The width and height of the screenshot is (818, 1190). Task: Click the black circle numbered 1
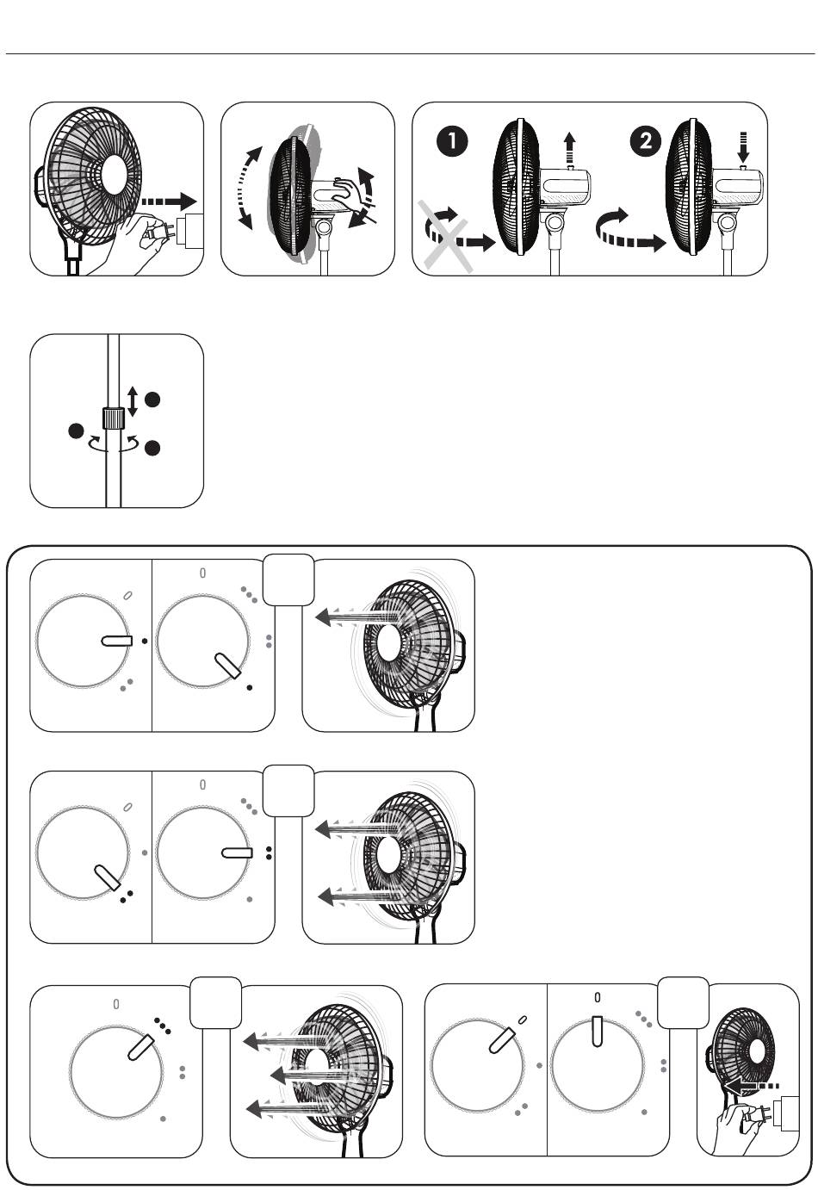pos(452,140)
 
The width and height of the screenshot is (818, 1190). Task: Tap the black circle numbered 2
pos(646,140)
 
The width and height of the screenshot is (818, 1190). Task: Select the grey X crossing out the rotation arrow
pos(445,237)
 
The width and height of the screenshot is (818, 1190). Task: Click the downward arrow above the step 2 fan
pos(744,147)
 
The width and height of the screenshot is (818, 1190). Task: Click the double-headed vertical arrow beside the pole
pos(133,401)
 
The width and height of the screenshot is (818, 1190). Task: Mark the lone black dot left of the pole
pos(76,431)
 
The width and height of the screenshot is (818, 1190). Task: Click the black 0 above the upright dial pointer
pos(597,997)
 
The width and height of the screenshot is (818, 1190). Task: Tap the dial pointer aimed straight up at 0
pos(597,1032)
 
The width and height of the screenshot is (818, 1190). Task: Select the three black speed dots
pos(163,1026)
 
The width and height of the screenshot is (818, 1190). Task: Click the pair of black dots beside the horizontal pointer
pos(269,852)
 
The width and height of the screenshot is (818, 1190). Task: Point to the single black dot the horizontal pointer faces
pos(145,641)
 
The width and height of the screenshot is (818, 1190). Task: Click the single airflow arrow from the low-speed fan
pos(357,618)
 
